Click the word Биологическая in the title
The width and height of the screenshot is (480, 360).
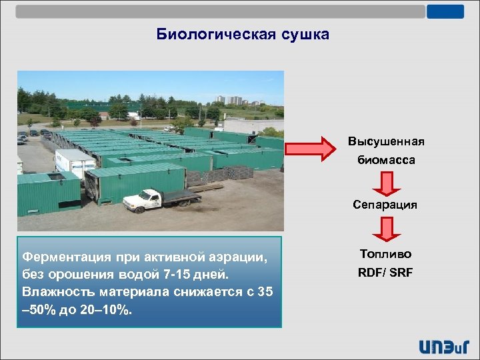coord(213,35)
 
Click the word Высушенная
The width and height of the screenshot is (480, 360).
coord(385,142)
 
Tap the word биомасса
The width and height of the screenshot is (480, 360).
coord(385,160)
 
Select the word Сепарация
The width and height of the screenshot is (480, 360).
coord(385,205)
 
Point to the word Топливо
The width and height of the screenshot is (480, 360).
coord(385,254)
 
